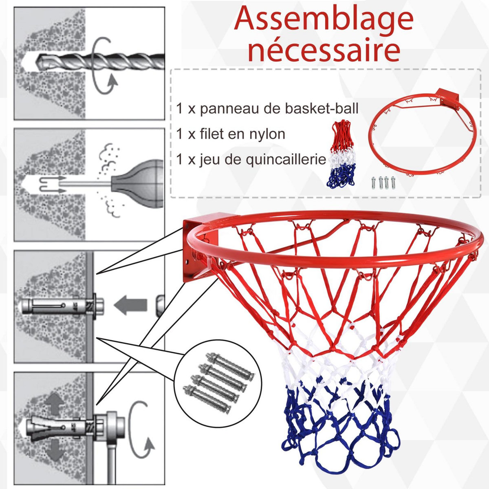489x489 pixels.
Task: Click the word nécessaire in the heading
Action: pos(324,51)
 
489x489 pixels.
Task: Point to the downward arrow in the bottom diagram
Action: pos(54,450)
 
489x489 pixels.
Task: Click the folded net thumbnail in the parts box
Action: pos(341,155)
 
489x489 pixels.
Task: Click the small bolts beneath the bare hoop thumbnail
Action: pos(383,182)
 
